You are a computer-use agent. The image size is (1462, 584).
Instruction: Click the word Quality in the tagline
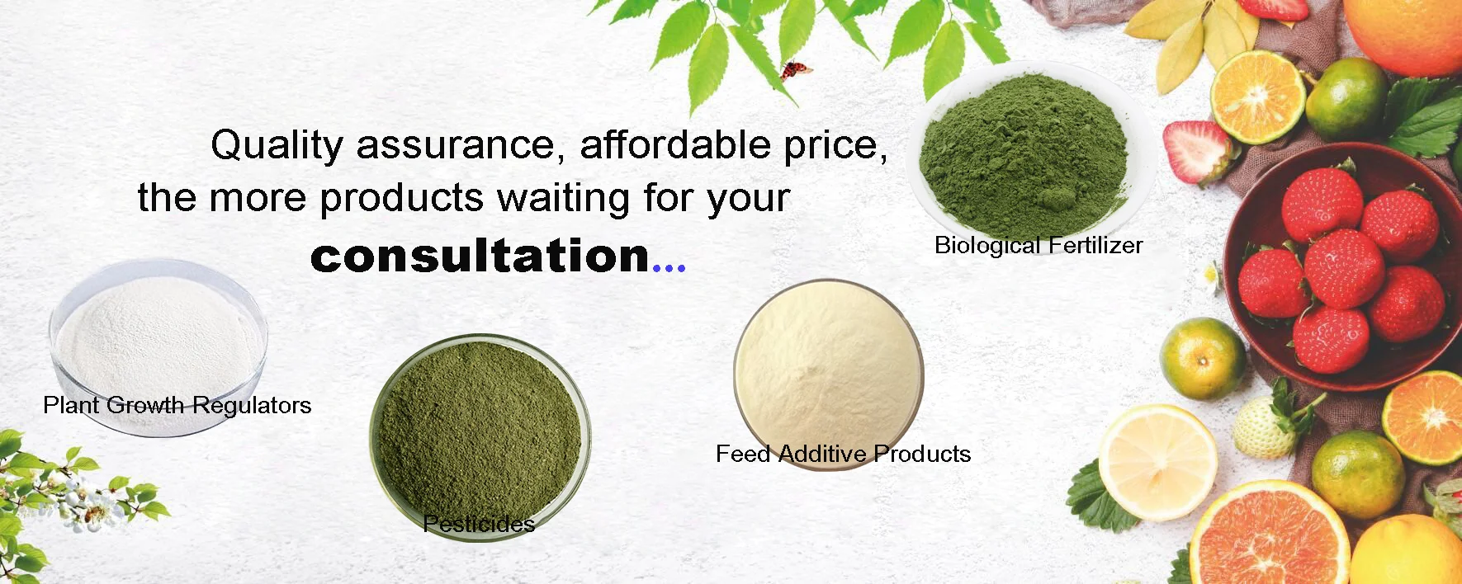tap(276, 146)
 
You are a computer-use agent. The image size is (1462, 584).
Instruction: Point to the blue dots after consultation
tap(669, 266)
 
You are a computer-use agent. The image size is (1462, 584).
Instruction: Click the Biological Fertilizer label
tap(1039, 245)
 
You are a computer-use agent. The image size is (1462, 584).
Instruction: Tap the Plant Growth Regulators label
tap(177, 405)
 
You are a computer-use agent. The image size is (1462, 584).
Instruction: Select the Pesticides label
tap(479, 523)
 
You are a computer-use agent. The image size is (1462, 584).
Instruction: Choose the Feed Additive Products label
tap(843, 454)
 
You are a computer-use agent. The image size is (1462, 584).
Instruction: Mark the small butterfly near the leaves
tap(796, 70)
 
